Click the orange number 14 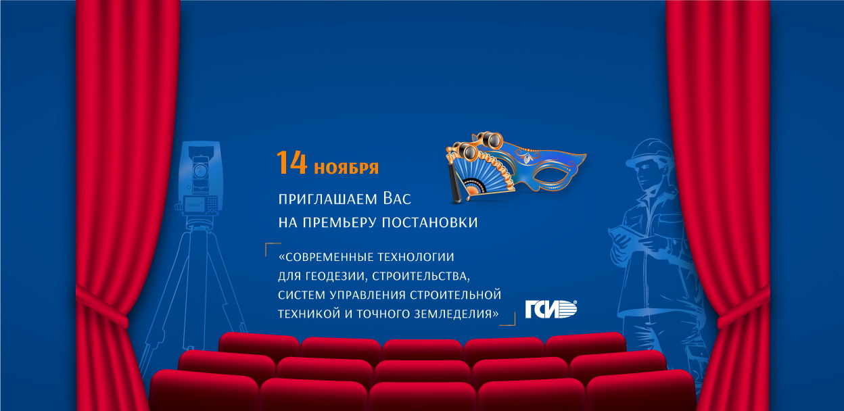(291, 164)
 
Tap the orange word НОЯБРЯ (346, 168)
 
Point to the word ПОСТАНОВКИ (430, 222)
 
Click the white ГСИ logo (551, 310)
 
